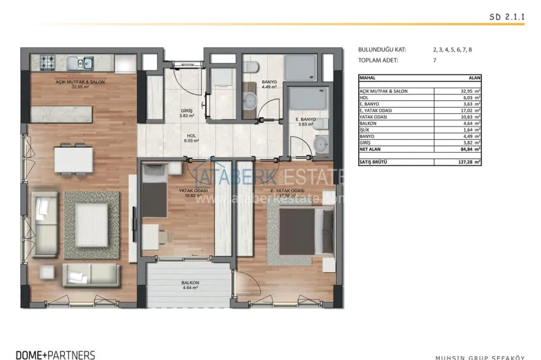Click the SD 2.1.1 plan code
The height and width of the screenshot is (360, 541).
tap(507, 18)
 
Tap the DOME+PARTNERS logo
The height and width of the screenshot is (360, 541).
tap(55, 355)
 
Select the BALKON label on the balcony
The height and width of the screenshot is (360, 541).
tap(190, 283)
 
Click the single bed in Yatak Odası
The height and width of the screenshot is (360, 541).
tap(153, 191)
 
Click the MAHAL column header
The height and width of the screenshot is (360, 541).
tap(368, 77)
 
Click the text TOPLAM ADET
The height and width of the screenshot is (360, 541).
tap(381, 60)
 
